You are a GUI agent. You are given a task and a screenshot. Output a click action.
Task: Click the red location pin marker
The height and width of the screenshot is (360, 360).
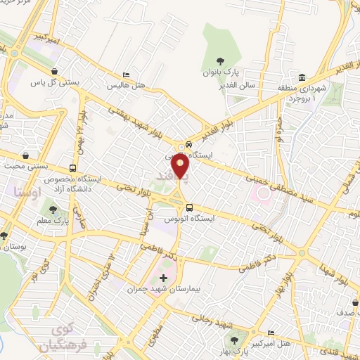181,166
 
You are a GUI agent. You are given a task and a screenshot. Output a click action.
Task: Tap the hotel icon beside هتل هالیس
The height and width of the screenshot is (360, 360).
125,75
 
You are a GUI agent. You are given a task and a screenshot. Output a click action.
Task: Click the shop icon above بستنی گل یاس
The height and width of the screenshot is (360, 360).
54,71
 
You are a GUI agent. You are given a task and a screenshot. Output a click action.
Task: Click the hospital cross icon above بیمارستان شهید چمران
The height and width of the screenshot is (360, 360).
165,278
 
